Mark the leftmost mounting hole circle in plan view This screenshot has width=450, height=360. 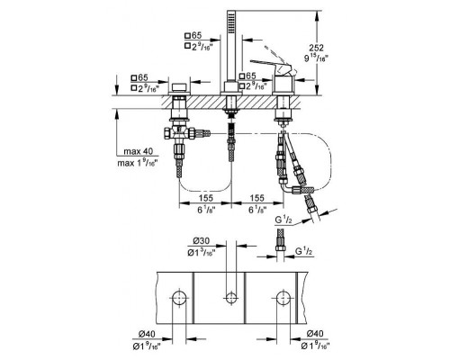[180, 297]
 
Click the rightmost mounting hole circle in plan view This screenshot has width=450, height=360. [284, 297]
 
